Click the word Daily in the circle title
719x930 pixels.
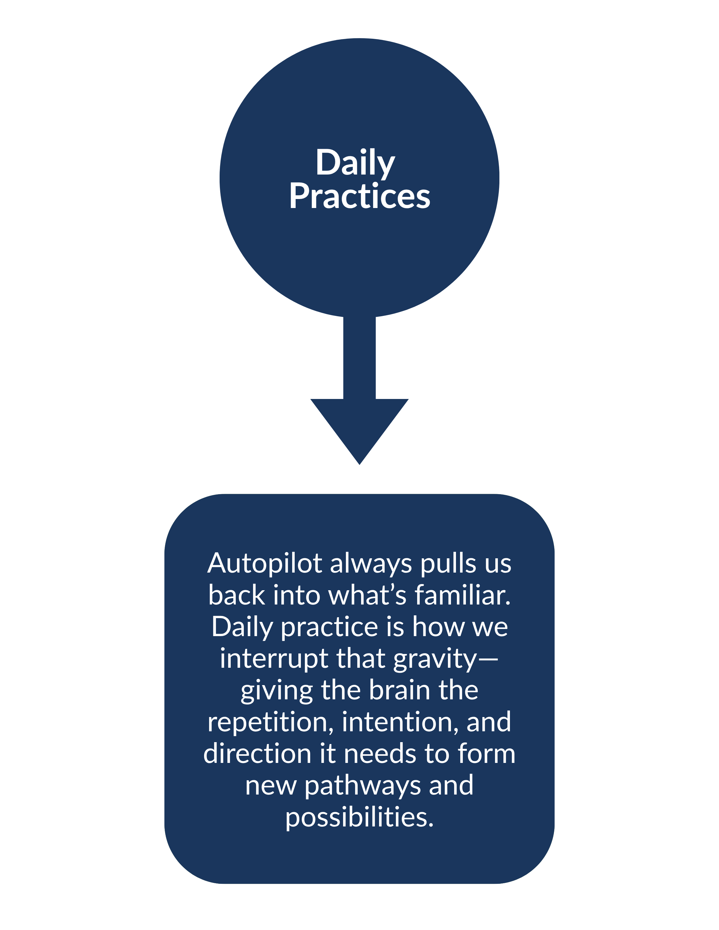tap(355, 163)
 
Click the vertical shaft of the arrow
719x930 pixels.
tap(359, 358)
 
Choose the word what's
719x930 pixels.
tap(368, 595)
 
